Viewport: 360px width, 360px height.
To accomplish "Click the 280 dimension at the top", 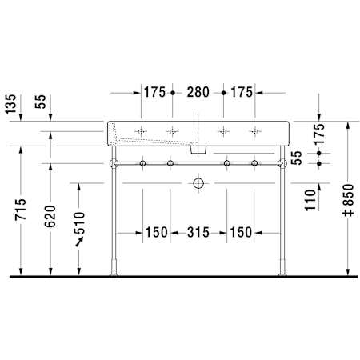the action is tap(198, 92).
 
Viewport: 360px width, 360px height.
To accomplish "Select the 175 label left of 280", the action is tap(154, 92).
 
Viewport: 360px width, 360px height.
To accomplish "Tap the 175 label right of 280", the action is tap(242, 92).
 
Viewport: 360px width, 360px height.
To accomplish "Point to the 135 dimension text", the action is tap(11, 104).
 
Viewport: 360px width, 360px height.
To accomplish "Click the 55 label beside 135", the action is tap(41, 102).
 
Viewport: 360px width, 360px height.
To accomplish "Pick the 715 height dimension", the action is tap(21, 209).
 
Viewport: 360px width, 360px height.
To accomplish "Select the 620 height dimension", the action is tap(50, 216).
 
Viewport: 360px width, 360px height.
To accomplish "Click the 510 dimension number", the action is tap(79, 223).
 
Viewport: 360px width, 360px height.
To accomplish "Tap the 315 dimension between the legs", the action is tap(198, 232).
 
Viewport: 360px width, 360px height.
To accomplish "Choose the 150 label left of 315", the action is tap(157, 232).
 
